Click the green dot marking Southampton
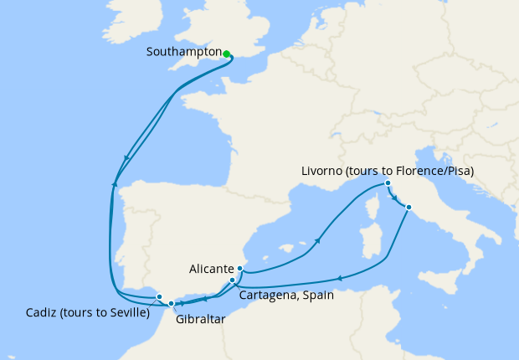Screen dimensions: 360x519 click(227, 54)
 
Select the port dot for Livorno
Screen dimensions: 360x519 click(388, 183)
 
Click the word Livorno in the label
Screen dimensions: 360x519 click(320, 172)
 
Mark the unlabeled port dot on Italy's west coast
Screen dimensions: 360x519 click(409, 207)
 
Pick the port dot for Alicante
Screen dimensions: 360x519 click(240, 269)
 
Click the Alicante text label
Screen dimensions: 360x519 click(211, 269)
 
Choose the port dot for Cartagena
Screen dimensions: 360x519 click(233, 280)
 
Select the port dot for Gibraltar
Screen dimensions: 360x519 click(171, 304)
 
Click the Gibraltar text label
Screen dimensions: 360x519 click(201, 319)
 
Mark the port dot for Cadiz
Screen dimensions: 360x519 click(159, 296)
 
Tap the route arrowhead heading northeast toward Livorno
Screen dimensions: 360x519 click(319, 241)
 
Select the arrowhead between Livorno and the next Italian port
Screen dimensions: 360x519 click(396, 199)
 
